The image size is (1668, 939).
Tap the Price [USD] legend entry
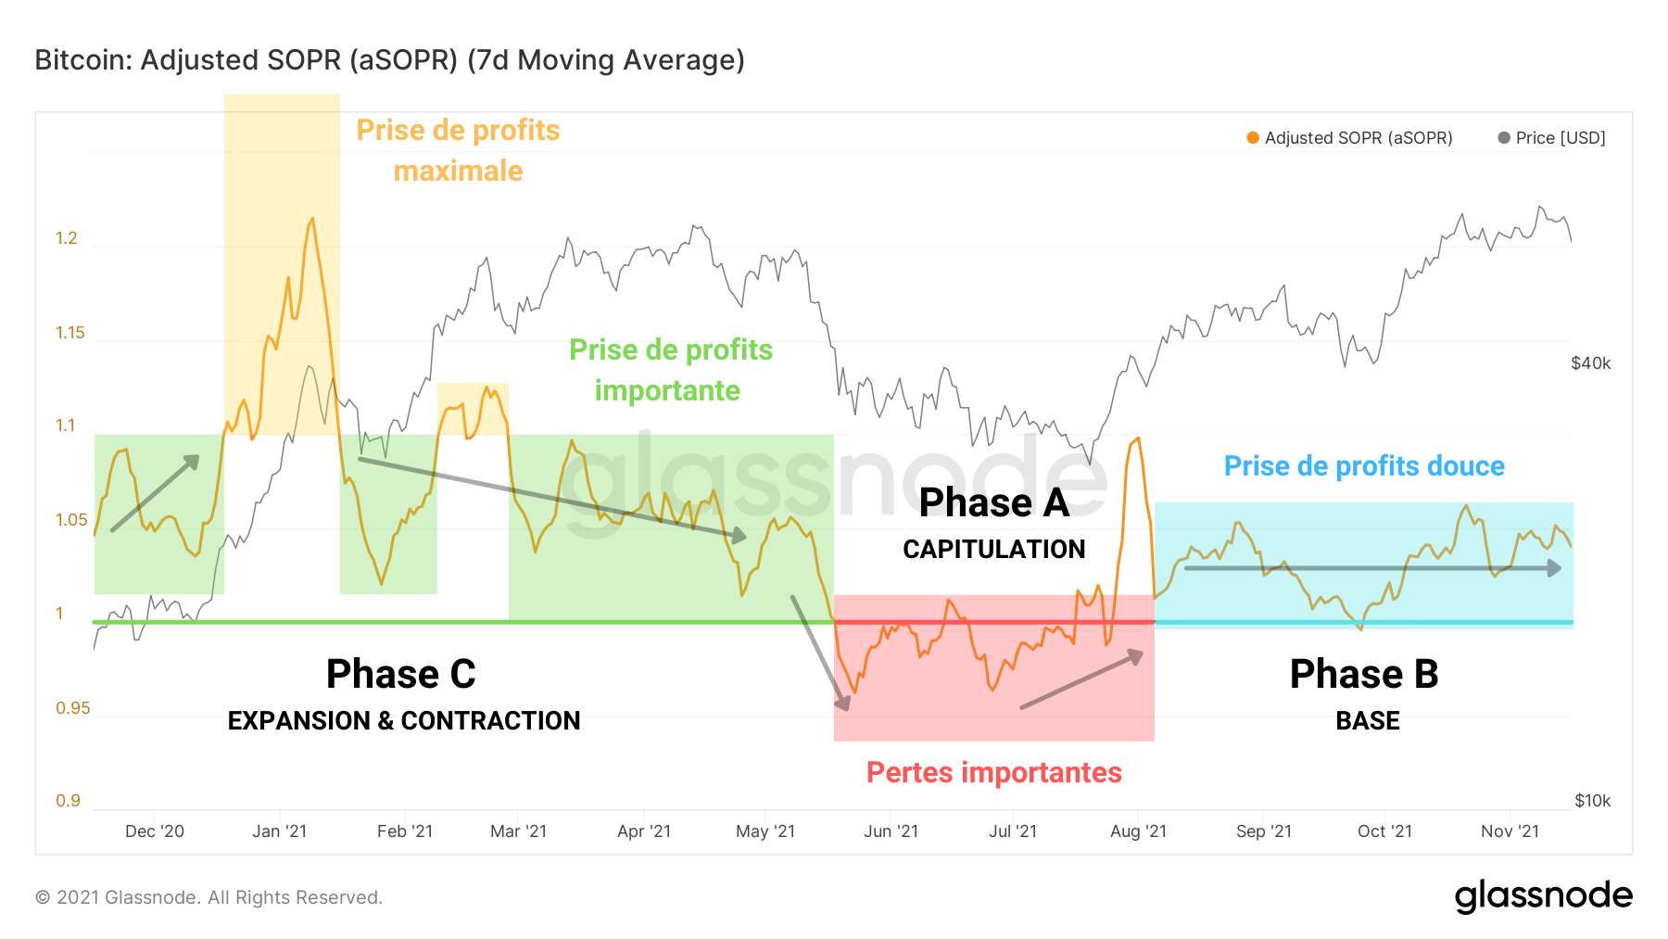point(1552,138)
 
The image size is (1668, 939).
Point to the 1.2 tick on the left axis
point(67,238)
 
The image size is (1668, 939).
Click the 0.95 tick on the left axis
point(72,708)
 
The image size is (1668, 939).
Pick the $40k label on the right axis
point(1590,363)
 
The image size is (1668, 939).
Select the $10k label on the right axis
point(1592,801)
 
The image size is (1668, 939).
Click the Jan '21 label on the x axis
point(279,831)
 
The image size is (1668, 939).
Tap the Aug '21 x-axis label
point(1138,831)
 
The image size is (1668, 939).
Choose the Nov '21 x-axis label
point(1510,831)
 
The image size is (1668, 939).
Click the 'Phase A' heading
point(993,503)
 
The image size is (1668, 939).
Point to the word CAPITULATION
point(993,550)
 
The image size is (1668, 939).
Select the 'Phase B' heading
point(1364,674)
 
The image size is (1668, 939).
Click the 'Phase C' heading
point(400,674)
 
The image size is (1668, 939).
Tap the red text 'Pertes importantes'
point(993,772)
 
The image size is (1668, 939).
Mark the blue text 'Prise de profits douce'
point(1364,466)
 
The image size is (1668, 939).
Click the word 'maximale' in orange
point(458,171)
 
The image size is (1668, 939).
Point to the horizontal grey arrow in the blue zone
point(1371,568)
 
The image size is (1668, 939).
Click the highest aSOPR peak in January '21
point(312,219)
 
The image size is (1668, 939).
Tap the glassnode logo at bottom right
point(1543,896)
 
